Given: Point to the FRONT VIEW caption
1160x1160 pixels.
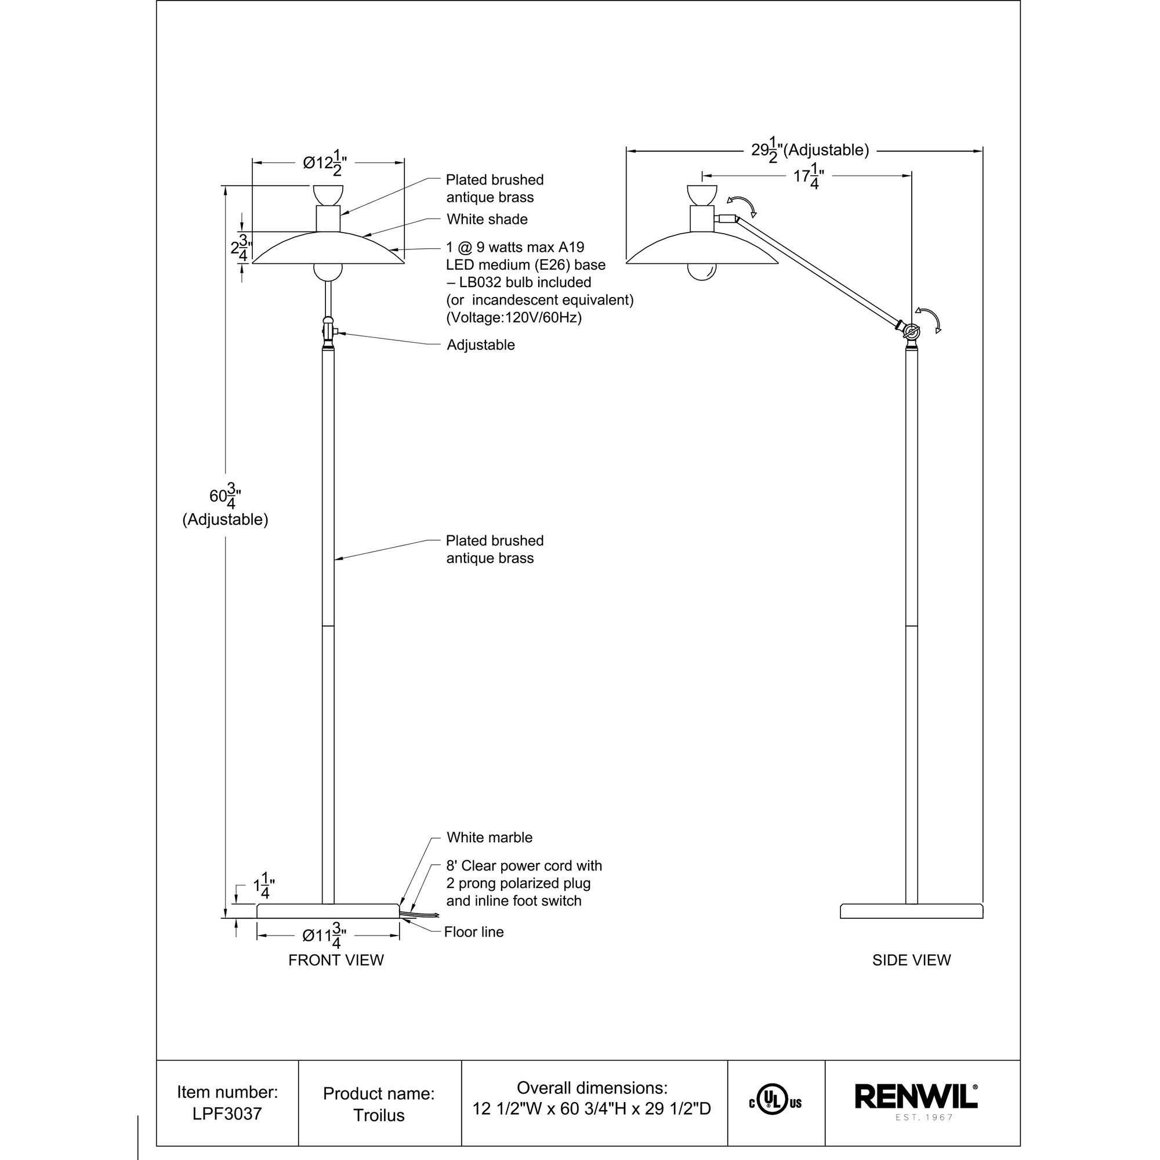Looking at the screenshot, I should pos(336,960).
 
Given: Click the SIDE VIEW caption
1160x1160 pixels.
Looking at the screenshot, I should pos(911,960).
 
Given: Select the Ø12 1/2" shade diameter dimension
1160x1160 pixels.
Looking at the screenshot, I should pos(325,163).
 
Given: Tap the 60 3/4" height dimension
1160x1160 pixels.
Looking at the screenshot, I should pos(225,496).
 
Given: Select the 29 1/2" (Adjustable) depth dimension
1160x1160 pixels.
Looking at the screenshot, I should pos(809,150).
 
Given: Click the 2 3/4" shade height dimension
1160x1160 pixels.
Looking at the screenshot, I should pos(241,248).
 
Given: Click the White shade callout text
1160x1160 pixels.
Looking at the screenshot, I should pos(487,219).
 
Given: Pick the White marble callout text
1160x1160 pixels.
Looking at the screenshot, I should pos(490,837).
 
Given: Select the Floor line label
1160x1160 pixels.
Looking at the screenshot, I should pos(474,932).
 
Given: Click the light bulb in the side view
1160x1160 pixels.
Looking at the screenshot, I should pos(702,272).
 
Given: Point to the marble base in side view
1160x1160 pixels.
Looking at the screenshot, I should pos(911,911).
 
